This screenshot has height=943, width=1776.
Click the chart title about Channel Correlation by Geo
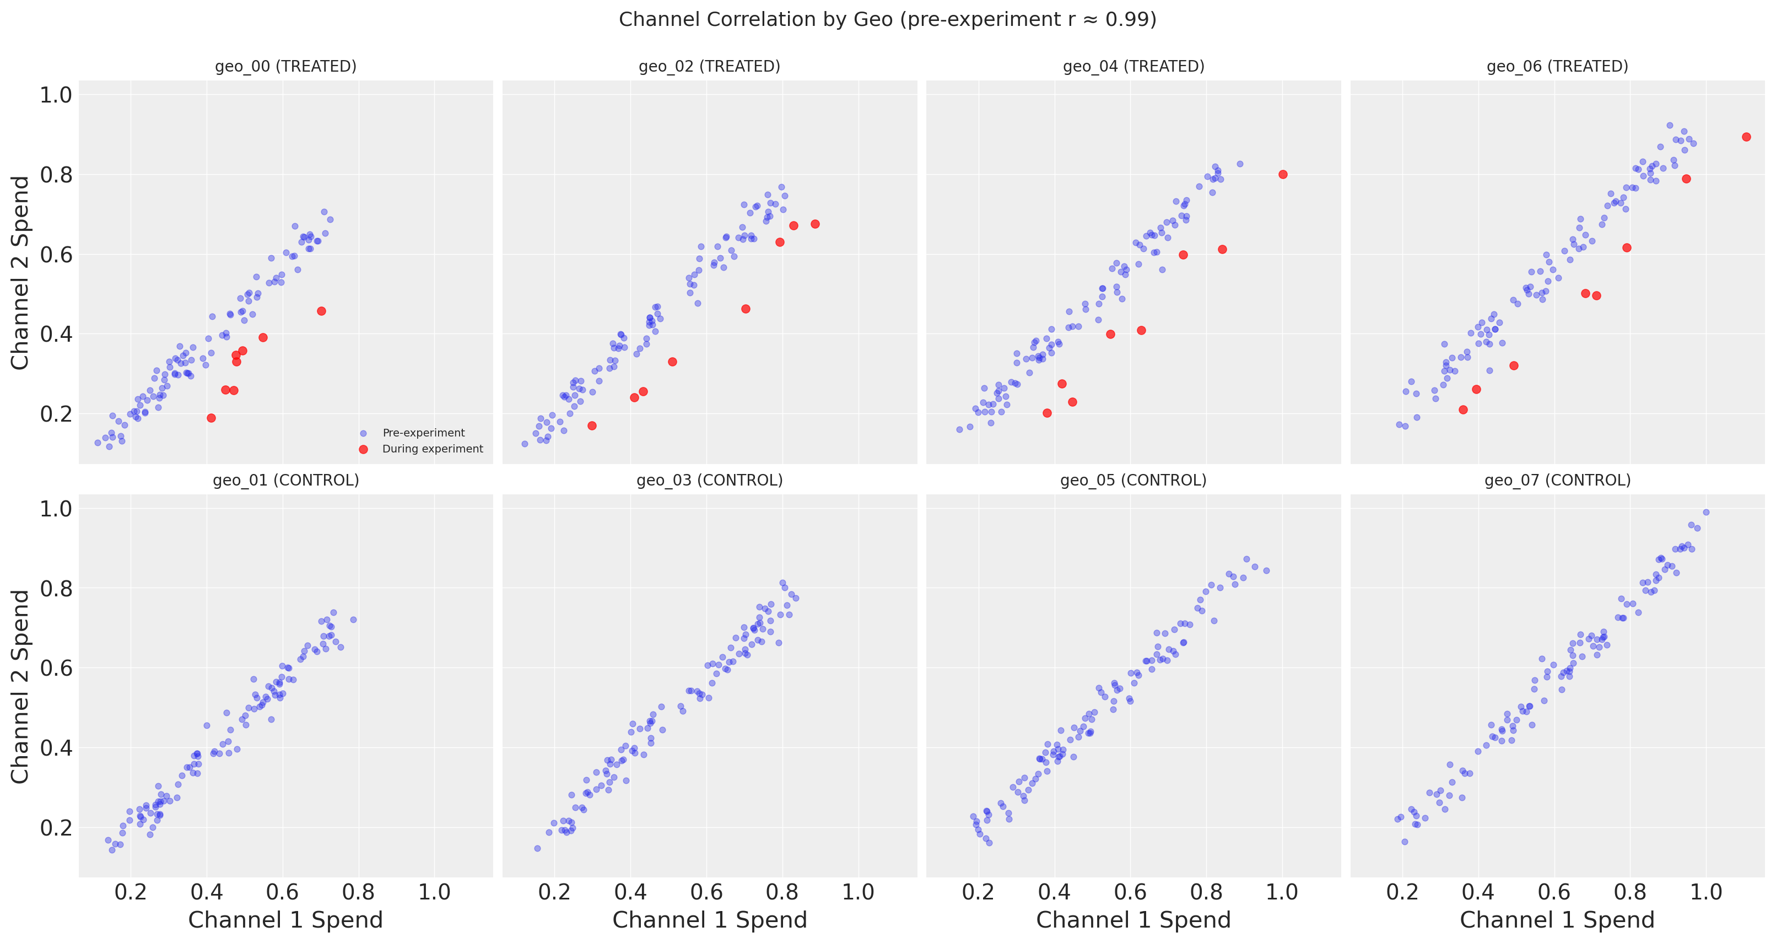(887, 19)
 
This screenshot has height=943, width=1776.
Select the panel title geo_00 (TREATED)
(285, 66)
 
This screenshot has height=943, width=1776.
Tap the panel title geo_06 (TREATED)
(1557, 66)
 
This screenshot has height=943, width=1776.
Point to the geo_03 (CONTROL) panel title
(709, 480)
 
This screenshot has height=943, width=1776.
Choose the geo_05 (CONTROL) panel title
(1133, 480)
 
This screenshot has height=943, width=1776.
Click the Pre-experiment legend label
(423, 433)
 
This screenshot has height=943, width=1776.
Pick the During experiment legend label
(432, 449)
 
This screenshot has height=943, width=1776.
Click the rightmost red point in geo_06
(1746, 137)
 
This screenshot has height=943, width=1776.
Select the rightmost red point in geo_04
(1283, 174)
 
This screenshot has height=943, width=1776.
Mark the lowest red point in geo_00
(212, 418)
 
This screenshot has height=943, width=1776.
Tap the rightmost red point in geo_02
(815, 224)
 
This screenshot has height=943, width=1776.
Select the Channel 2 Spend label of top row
(21, 272)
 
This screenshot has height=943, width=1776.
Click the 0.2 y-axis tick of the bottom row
(56, 827)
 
